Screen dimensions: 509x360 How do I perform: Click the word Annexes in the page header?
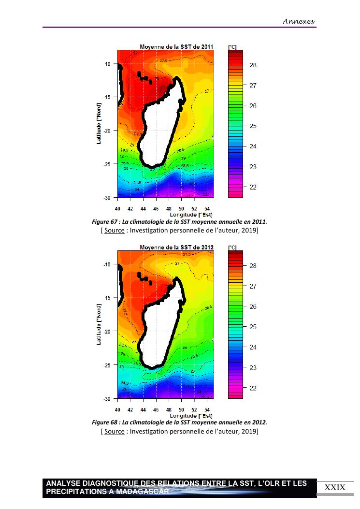point(298,21)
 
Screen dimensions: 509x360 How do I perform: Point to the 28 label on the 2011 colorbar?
point(253,65)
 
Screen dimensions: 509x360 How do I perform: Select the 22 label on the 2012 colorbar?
point(253,388)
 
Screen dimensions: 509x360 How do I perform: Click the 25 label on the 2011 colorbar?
point(253,126)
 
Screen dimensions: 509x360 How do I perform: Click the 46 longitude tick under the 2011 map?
point(156,209)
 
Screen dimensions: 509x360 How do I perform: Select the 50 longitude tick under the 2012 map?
point(181,409)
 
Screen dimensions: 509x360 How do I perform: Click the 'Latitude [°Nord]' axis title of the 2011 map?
point(99,123)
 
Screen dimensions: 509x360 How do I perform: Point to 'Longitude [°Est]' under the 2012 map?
point(191,415)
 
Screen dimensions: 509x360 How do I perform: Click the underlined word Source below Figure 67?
point(115,230)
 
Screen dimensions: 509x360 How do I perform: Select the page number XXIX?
point(335,487)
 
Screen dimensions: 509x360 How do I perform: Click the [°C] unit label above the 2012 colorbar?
point(232,247)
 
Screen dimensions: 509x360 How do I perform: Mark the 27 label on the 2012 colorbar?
point(253,286)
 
